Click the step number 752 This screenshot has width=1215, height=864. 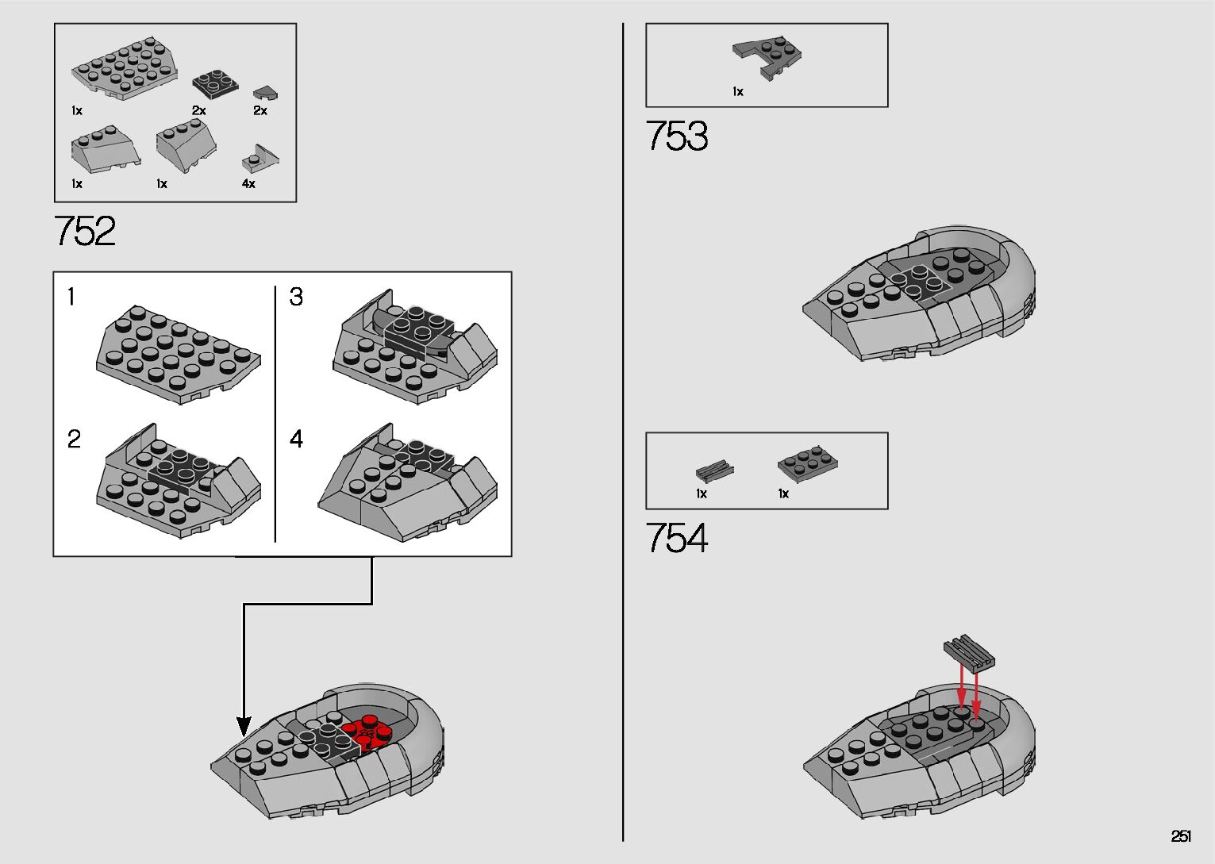click(85, 231)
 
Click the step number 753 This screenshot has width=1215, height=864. click(677, 136)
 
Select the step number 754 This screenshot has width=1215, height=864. click(677, 538)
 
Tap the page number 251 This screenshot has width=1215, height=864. click(1181, 836)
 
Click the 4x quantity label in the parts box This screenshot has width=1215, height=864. click(248, 184)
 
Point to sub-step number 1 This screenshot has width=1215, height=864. click(71, 298)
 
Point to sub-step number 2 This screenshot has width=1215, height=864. click(74, 439)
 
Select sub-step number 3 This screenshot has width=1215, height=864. click(296, 298)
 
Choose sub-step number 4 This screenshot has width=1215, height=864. click(296, 439)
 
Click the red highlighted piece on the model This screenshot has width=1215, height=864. click(368, 732)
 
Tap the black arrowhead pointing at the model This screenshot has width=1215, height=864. click(244, 725)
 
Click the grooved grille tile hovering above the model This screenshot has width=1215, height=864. click(969, 651)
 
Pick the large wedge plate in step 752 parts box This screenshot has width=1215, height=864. click(125, 68)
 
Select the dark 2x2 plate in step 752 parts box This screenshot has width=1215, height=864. click(214, 84)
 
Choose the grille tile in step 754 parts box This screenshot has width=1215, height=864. click(714, 470)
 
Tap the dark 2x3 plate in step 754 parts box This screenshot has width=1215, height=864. click(808, 464)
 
